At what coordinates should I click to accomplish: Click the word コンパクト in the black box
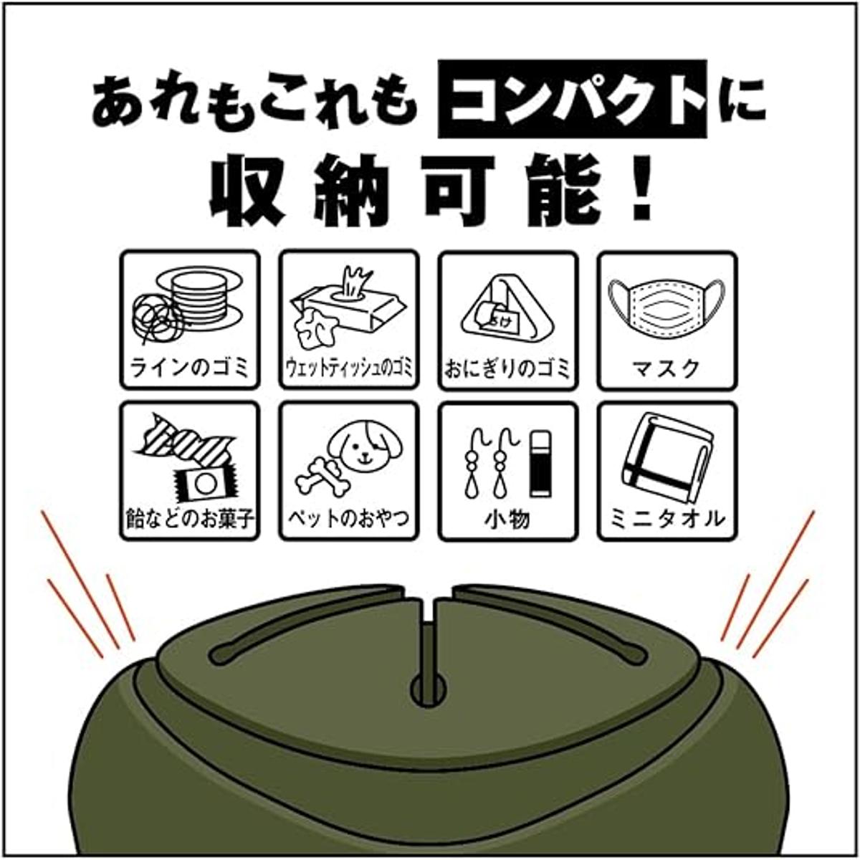(x=572, y=99)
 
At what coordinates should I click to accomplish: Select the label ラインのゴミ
(x=190, y=368)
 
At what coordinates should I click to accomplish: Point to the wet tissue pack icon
(x=348, y=308)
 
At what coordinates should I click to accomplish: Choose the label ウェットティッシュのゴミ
(x=348, y=370)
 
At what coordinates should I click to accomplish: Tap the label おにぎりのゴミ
(x=508, y=370)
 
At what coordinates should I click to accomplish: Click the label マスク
(x=666, y=368)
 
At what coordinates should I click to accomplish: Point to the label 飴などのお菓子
(x=190, y=519)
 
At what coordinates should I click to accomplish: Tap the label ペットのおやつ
(x=348, y=519)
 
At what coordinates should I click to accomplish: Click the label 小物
(x=508, y=519)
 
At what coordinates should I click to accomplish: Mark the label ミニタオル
(x=666, y=519)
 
